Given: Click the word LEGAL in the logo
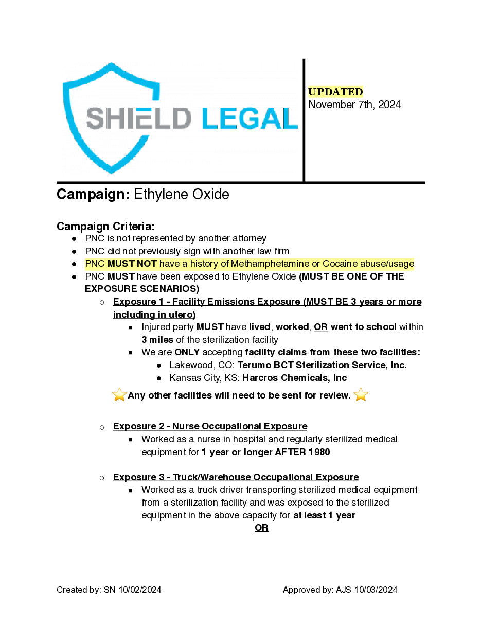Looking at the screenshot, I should (250, 118).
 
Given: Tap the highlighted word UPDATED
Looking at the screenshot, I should (335, 92).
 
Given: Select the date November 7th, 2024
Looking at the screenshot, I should (354, 105).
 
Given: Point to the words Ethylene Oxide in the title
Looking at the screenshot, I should (181, 195).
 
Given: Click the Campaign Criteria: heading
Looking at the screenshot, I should (105, 227).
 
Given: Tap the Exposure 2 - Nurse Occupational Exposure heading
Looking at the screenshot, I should (210, 426).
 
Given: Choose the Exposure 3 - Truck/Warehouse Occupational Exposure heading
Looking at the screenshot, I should (236, 477).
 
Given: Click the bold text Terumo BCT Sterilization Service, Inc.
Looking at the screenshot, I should (322, 365).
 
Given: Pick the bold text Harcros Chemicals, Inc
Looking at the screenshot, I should (294, 378).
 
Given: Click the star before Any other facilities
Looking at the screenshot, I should (119, 395).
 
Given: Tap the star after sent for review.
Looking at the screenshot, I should (361, 395).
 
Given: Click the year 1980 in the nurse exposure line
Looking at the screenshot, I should (319, 452).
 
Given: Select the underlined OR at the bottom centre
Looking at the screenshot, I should (261, 528).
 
